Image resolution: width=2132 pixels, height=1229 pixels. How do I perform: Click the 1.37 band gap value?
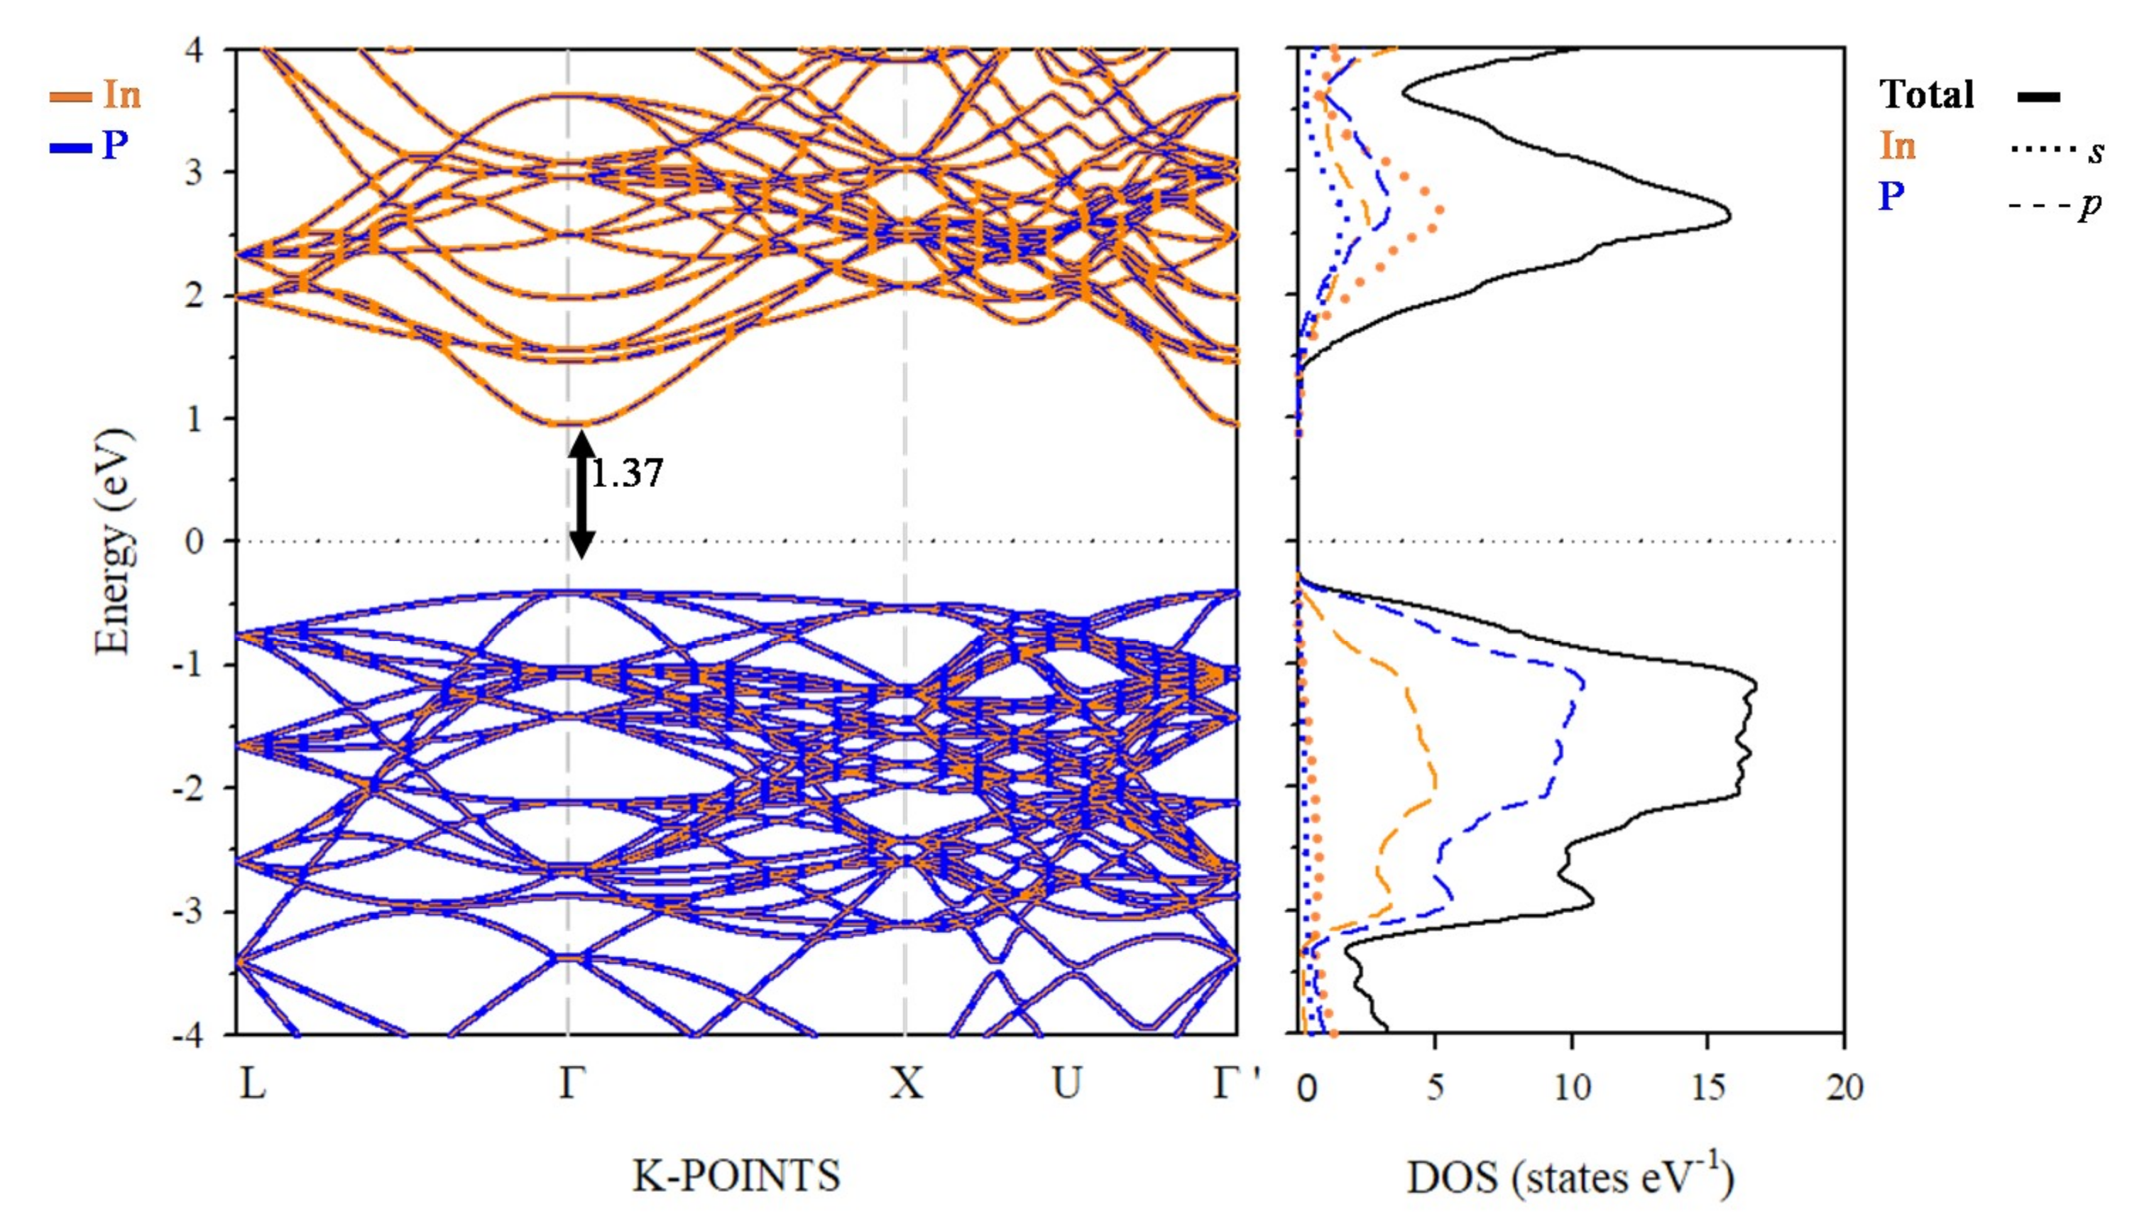627,474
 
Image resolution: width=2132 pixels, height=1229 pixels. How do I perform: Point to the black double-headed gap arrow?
581,493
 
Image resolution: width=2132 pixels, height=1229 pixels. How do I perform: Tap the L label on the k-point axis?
252,1083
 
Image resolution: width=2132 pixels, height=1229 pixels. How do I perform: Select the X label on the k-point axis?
907,1083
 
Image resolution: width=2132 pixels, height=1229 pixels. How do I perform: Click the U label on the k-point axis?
1067,1083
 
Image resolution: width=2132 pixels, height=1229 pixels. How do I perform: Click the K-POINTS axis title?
736,1176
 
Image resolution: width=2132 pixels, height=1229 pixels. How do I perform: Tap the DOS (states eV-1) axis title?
1569,1177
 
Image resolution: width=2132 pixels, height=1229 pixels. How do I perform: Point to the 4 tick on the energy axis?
194,50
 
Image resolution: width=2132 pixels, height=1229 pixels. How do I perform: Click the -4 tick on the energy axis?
187,1035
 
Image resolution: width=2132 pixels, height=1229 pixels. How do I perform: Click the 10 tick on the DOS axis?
1572,1087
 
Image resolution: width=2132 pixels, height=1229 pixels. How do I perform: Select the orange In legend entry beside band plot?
95,95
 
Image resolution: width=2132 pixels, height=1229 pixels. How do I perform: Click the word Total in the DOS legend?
1926,94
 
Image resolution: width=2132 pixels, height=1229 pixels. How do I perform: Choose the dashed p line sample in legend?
2041,204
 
